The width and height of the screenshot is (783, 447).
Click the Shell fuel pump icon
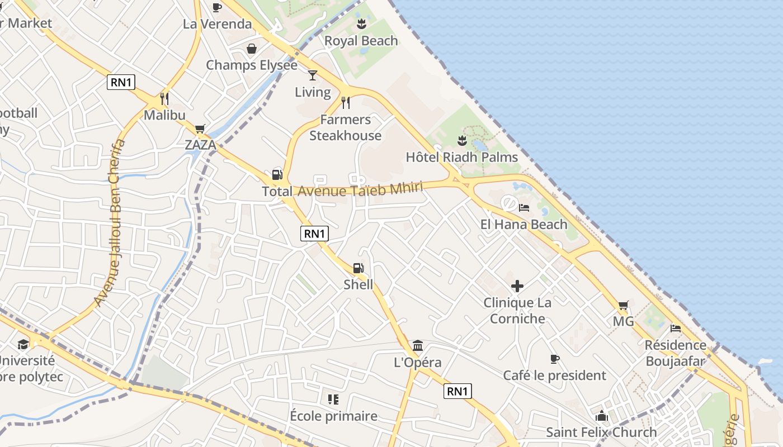click(359, 268)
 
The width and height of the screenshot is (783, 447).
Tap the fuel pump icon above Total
click(277, 174)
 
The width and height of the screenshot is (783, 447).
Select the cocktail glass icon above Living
click(313, 75)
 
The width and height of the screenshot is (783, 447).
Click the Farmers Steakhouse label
click(345, 127)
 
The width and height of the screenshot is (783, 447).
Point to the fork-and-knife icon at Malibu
click(164, 99)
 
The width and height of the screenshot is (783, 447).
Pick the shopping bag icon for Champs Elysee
click(252, 49)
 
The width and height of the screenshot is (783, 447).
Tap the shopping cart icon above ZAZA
click(200, 129)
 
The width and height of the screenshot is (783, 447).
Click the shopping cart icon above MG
click(623, 305)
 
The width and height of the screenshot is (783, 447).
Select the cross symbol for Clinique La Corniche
click(517, 287)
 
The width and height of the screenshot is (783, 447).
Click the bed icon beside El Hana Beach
click(524, 208)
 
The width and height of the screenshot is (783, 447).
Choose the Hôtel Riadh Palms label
click(462, 157)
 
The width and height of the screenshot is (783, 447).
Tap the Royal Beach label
click(361, 41)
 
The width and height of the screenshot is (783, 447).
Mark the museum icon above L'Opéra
click(417, 345)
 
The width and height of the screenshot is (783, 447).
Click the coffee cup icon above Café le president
click(554, 359)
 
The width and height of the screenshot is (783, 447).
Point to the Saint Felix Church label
click(601, 432)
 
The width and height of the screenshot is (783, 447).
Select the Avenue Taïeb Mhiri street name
click(360, 189)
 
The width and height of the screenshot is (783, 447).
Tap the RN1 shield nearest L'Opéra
click(457, 391)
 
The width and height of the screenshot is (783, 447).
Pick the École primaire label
click(333, 416)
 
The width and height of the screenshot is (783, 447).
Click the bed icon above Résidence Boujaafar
click(676, 329)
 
